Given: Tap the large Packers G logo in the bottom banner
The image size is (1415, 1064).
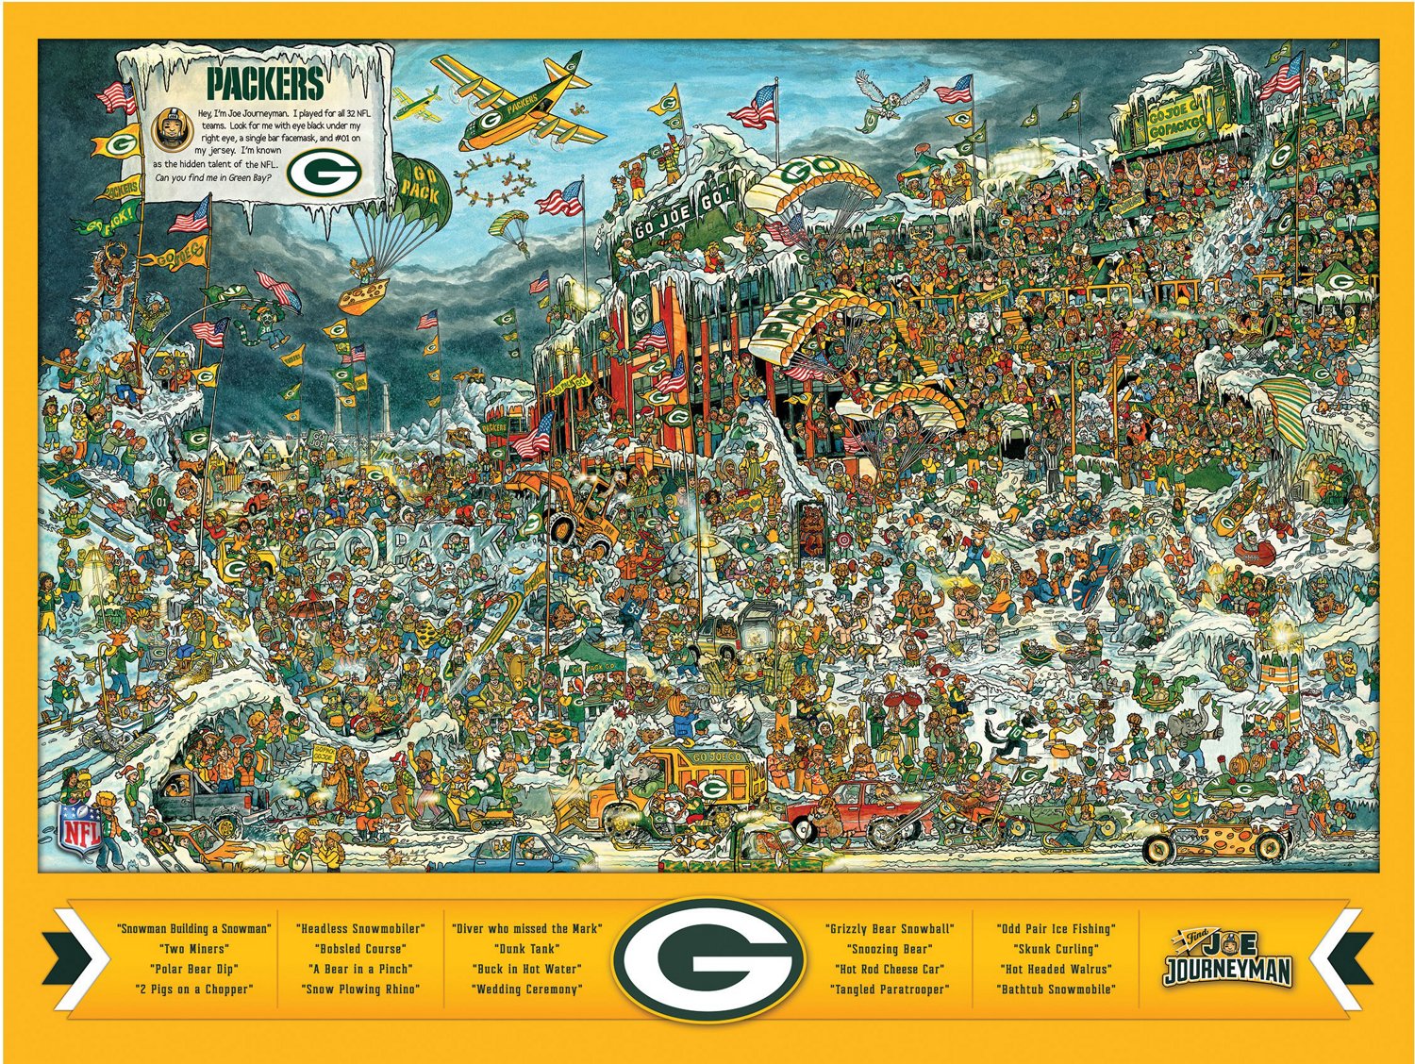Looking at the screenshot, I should click(x=707, y=958).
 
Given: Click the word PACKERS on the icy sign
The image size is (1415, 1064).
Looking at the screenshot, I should click(x=265, y=83).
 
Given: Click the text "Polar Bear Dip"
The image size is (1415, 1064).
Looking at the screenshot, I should click(x=193, y=969).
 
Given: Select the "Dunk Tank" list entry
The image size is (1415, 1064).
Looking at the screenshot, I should click(x=526, y=949).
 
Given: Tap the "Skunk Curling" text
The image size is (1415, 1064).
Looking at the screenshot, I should click(x=1055, y=949).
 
